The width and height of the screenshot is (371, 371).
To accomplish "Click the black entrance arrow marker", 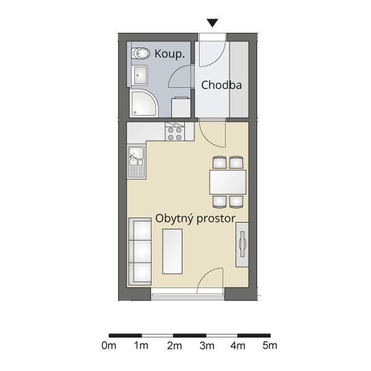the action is tap(212, 23).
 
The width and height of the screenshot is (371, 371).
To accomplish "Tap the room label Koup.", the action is tap(169, 54).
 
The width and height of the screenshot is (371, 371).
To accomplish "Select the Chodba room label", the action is tap(221, 85).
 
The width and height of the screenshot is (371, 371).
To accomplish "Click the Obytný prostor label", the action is tap(195, 218).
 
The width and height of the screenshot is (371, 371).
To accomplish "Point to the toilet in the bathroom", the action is tap(141, 53).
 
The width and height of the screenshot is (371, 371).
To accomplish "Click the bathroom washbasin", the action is tap(140, 75).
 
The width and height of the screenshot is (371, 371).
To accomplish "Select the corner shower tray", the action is tap(144, 103).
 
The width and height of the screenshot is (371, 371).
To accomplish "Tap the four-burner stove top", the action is tap(175, 134).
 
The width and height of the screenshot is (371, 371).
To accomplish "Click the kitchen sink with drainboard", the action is tap(137, 162).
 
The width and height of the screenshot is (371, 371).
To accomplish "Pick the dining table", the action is tap(228, 182).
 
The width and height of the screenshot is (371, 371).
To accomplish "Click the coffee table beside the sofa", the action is tap(173, 251).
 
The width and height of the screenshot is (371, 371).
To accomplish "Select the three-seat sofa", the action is tap(140, 252).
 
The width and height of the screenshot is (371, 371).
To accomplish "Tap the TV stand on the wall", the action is tap(242, 245).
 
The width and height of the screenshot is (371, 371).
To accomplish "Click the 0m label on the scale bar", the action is tap(109, 346).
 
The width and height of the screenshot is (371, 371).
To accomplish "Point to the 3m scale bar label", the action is tap(207, 346).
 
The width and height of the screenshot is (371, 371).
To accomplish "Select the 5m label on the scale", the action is tap(270, 346).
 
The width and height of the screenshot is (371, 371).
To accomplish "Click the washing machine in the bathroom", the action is tap(181, 107).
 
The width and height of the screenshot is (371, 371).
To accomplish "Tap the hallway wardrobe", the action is tap(239, 79).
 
